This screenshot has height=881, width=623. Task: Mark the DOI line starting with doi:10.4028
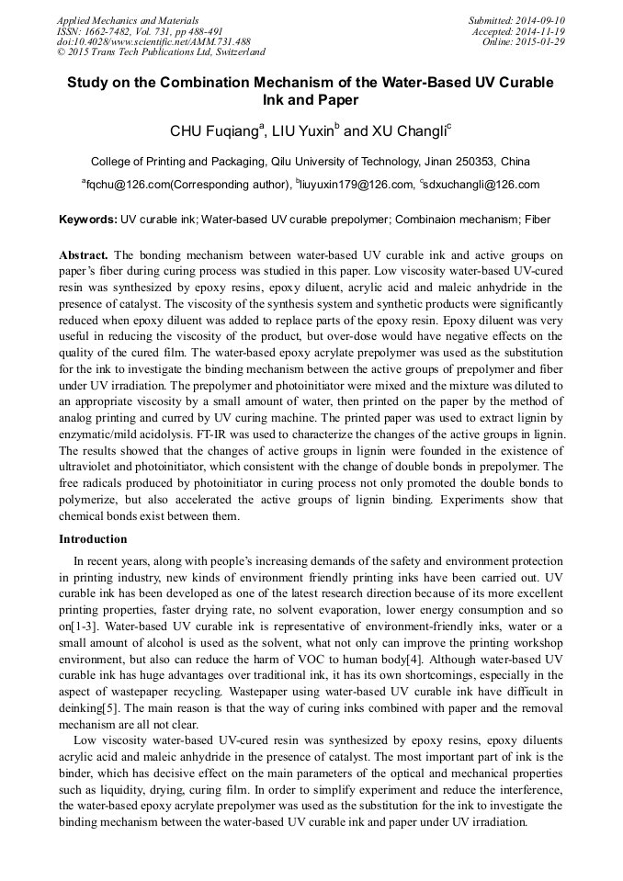pos(153,41)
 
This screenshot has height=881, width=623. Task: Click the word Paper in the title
pos(338,100)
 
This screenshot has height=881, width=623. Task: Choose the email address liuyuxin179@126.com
pos(356,185)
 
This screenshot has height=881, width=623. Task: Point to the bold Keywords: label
pos(88,220)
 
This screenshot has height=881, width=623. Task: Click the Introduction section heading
pos(93,538)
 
